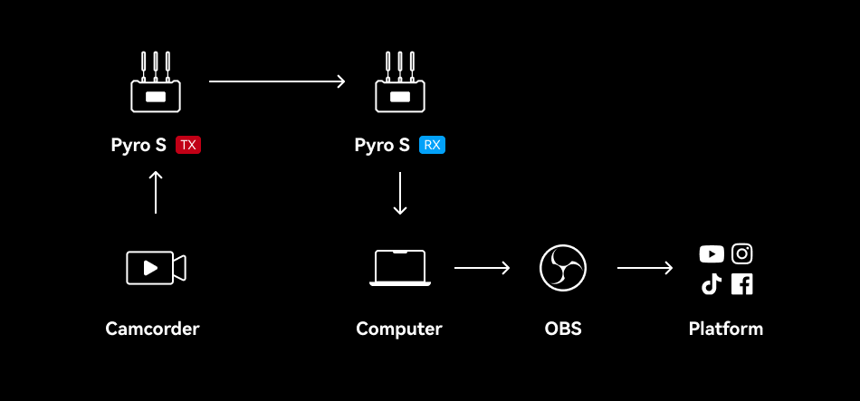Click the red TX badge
(x=188, y=145)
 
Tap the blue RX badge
(x=433, y=145)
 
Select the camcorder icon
(x=156, y=267)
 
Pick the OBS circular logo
(x=563, y=268)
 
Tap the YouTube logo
(x=712, y=254)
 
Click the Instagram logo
(x=742, y=254)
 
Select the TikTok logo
(x=712, y=284)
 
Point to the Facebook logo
(x=742, y=284)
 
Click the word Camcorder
(x=152, y=329)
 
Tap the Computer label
(x=399, y=329)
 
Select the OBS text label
(x=563, y=329)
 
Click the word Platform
(x=726, y=329)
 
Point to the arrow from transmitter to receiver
(x=277, y=81)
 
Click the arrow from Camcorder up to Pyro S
(x=156, y=191)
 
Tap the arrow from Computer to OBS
(x=482, y=268)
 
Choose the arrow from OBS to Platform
(x=645, y=268)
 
